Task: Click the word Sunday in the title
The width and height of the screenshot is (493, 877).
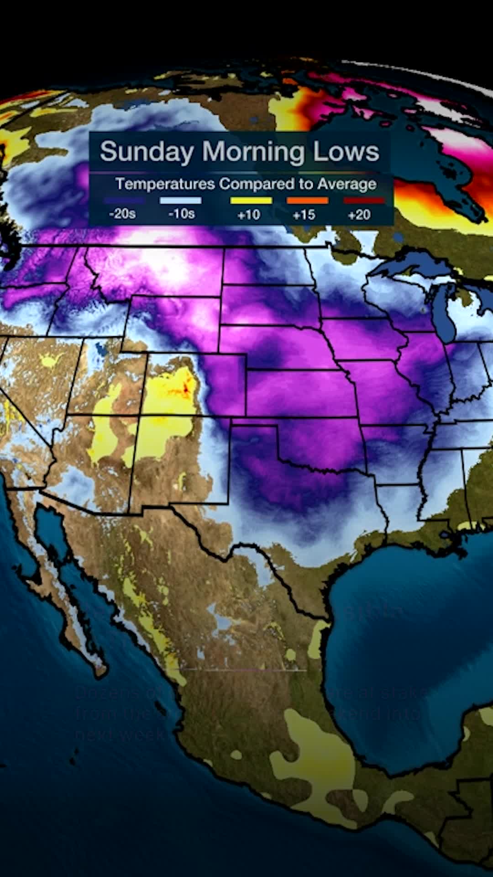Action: click(147, 152)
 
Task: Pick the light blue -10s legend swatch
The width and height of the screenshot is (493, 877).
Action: click(181, 201)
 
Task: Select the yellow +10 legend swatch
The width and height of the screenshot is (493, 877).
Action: click(251, 201)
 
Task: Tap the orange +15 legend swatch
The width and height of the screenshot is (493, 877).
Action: click(307, 201)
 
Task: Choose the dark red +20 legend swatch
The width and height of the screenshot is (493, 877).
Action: click(364, 201)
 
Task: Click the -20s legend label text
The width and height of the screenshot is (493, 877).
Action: click(122, 214)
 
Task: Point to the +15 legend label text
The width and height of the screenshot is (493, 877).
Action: click(304, 214)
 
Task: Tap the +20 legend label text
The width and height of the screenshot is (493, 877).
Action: click(359, 214)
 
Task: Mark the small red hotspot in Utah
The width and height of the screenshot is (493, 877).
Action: click(186, 389)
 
